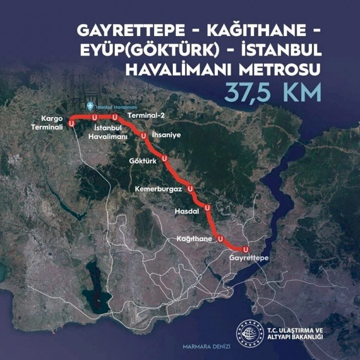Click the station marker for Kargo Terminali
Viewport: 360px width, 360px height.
72,123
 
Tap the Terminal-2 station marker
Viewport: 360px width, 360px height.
115,117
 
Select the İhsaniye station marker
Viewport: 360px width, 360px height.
143,136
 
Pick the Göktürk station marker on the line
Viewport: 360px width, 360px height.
165,158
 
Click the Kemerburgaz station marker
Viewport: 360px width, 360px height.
190,189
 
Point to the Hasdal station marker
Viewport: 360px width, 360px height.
207,208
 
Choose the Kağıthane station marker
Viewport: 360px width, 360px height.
220,238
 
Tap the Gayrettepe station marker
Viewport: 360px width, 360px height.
246,249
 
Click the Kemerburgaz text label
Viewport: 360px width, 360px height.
158,190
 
